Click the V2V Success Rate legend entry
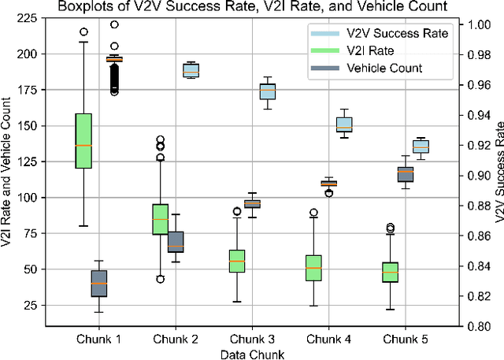click(x=397, y=34)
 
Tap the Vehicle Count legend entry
click(x=384, y=68)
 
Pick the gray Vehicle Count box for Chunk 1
click(x=98, y=284)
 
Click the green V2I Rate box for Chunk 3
click(x=237, y=261)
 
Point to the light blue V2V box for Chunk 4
click(x=344, y=124)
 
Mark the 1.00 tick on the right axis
click(x=475, y=25)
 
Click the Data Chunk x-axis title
click(x=252, y=354)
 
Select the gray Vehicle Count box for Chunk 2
click(x=176, y=241)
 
